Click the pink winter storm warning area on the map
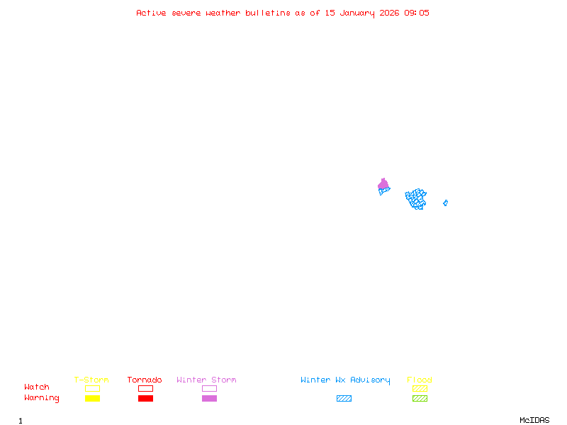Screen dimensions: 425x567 (383, 185)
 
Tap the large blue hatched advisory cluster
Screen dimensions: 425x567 (416, 198)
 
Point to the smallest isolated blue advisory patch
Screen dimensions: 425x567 (445, 203)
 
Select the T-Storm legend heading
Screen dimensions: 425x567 (91, 380)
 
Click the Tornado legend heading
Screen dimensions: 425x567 (145, 380)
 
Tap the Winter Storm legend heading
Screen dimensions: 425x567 (206, 380)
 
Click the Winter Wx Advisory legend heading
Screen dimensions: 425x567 (345, 380)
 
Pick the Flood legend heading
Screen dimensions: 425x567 (420, 380)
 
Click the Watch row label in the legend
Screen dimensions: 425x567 (37, 387)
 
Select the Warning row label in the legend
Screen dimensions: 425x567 (42, 398)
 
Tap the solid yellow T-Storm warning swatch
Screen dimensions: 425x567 (92, 399)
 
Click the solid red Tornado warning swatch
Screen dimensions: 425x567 (145, 399)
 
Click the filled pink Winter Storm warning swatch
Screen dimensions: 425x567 (209, 399)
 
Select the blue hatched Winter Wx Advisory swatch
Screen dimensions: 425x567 (344, 399)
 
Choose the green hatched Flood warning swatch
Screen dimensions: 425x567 (420, 399)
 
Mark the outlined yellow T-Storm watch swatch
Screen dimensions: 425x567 (92, 389)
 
